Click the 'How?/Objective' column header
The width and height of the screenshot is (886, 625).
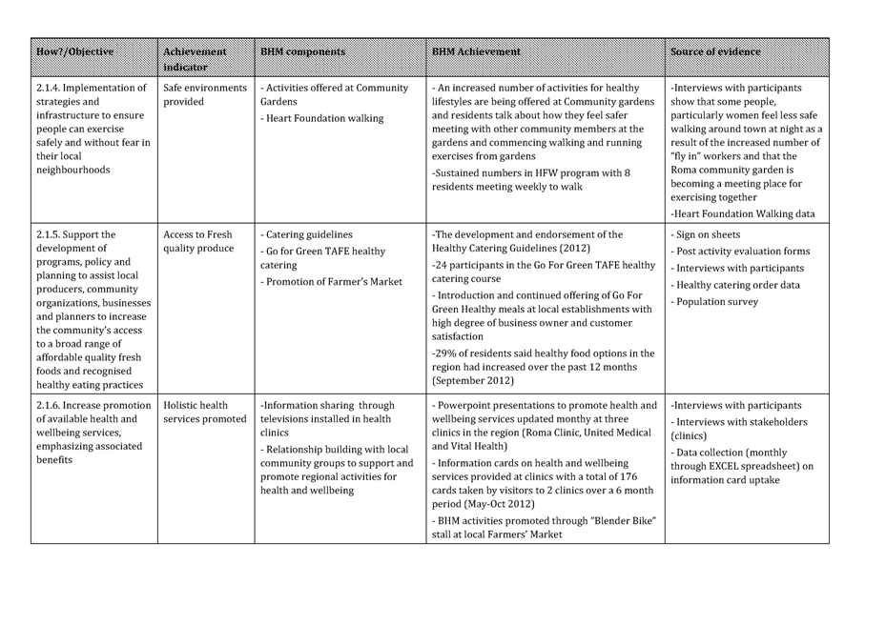74,51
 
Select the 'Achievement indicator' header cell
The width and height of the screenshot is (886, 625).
195,59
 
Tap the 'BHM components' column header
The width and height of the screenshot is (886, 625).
302,51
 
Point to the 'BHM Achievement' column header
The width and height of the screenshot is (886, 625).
476,51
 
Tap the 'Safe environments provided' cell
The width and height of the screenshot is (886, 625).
205,94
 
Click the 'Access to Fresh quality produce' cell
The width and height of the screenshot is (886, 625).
198,241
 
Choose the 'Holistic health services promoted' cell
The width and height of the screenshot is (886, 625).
205,412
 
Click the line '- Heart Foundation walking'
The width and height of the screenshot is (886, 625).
322,118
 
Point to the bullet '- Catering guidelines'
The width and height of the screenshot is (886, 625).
306,234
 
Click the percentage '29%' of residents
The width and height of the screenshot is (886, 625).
444,353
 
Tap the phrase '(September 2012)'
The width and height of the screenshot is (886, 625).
474,381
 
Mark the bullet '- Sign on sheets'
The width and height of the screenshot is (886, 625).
706,234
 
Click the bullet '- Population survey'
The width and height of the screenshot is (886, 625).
715,302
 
